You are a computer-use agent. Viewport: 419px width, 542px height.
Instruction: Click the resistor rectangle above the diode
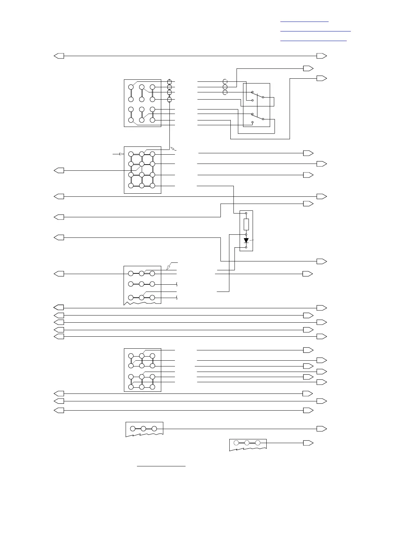[x=246, y=224]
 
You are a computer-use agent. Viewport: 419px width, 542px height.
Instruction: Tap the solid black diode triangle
[x=246, y=241]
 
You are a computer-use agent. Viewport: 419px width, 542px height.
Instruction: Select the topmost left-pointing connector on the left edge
[x=59, y=56]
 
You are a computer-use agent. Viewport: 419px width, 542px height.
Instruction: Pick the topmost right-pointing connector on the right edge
[x=322, y=56]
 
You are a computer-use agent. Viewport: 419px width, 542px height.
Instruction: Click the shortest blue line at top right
[x=304, y=22]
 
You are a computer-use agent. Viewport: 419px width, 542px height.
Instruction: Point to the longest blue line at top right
[x=316, y=31]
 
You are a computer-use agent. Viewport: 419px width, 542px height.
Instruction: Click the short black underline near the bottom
[x=161, y=466]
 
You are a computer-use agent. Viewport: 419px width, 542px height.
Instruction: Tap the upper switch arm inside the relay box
[x=257, y=95]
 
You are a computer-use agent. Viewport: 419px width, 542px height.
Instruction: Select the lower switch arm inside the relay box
[x=257, y=117]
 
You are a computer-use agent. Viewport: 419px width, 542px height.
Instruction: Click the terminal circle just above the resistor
[x=246, y=213]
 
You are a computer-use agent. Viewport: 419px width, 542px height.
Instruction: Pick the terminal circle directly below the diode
[x=246, y=247]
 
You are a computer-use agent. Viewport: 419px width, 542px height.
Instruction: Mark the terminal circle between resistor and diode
[x=246, y=234]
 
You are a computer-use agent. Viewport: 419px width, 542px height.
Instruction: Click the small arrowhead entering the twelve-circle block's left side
[x=122, y=154]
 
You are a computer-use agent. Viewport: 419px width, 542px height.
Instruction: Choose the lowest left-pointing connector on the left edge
[x=59, y=410]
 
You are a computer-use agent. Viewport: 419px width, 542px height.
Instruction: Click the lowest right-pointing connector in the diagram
[x=308, y=443]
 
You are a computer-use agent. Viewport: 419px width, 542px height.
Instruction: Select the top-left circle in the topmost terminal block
[x=131, y=87]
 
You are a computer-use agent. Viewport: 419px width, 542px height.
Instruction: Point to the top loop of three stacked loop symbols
[x=225, y=81]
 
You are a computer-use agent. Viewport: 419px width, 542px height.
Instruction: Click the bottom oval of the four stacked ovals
[x=169, y=100]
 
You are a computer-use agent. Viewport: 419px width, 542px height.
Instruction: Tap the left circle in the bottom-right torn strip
[x=236, y=443]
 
